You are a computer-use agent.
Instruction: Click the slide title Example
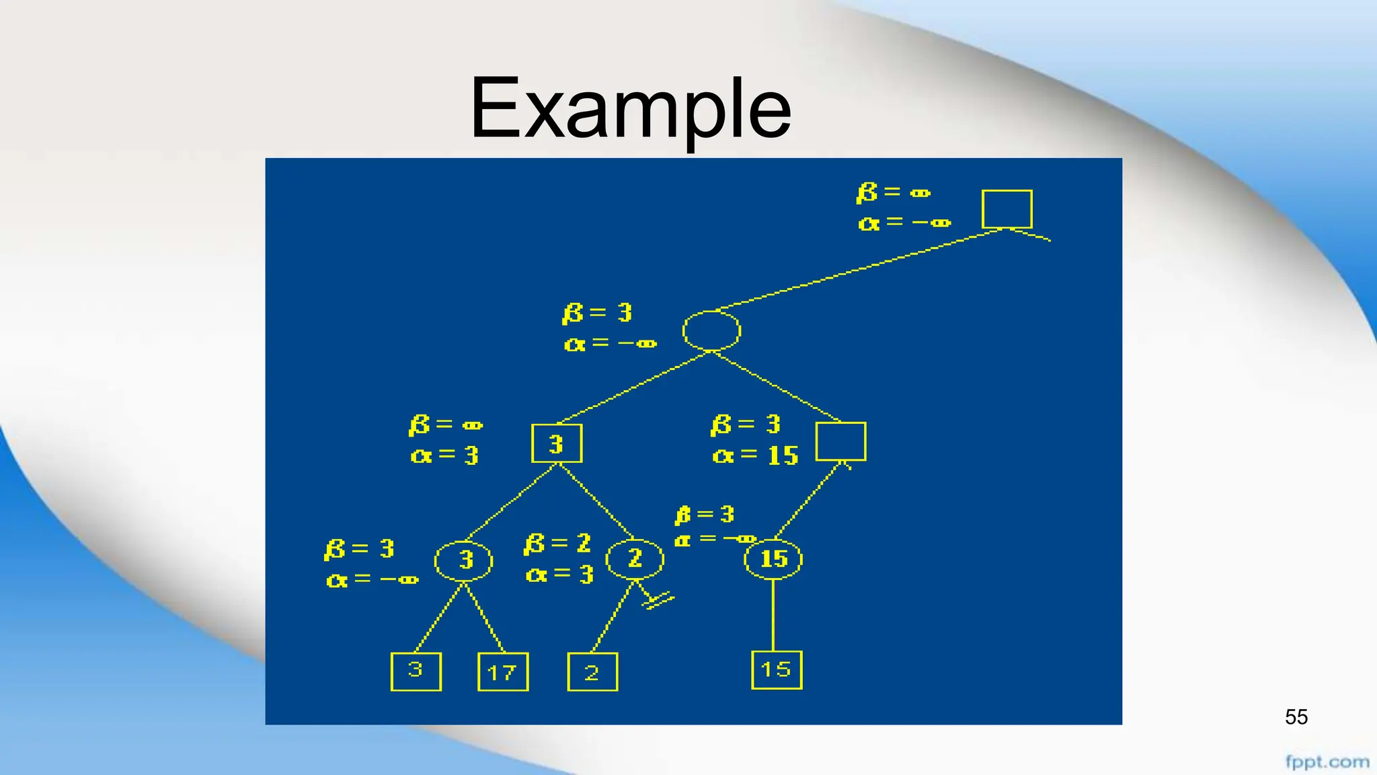point(630,109)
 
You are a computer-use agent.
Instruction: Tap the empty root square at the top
point(1007,209)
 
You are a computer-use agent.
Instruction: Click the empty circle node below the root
point(711,330)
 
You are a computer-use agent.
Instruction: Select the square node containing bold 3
point(557,443)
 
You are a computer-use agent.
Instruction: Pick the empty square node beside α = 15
point(840,441)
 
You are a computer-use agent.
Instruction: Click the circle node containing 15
point(773,558)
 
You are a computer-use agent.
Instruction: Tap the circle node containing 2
point(635,558)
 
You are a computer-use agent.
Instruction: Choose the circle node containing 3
point(463,560)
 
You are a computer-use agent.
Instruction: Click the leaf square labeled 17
point(503,671)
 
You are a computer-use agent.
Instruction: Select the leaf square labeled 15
point(777,669)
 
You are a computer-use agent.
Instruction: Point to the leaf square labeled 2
point(592,671)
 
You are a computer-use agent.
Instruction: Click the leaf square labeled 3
point(416,671)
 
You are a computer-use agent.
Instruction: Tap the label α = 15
point(755,456)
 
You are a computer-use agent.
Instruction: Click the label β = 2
point(557,544)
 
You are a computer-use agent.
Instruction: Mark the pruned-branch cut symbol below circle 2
point(658,599)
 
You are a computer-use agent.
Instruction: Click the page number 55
point(1296,717)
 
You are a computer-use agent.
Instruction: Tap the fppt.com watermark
point(1327,762)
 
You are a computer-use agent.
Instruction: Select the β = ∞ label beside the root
point(894,192)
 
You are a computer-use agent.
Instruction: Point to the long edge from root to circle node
point(861,269)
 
